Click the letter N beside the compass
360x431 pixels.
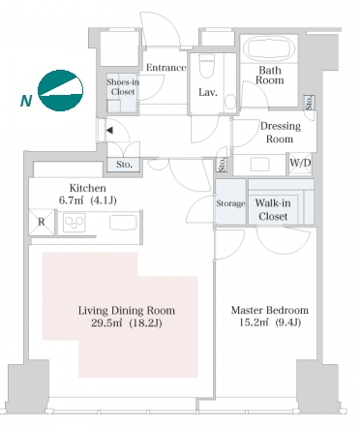[x=26, y=101]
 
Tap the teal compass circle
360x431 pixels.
[x=60, y=90]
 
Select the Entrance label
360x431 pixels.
[x=166, y=68]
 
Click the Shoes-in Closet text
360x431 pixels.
[x=123, y=87]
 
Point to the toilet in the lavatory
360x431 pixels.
[x=207, y=66]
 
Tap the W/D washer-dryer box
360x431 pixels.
[x=300, y=164]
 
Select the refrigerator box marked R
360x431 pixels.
[x=42, y=222]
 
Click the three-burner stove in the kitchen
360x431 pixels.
[x=75, y=223]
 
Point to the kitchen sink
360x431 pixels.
[x=123, y=223]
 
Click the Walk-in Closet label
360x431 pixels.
[x=273, y=209]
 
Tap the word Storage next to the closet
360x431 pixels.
[x=230, y=203]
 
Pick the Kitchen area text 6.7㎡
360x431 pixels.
[x=71, y=200]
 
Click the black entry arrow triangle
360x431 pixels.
[x=109, y=131]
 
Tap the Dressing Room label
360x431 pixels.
[x=281, y=133]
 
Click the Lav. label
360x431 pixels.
[x=208, y=92]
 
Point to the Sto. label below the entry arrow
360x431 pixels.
[x=125, y=165]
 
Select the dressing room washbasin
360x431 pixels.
[x=259, y=165]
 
